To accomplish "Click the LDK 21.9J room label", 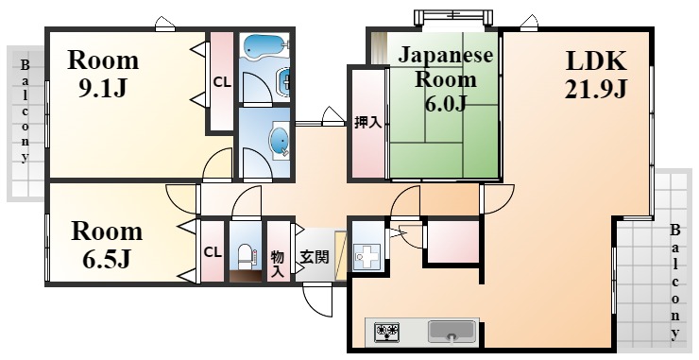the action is [x=596, y=75].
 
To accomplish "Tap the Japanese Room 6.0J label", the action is [x=445, y=79].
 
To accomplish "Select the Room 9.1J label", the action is [x=103, y=74].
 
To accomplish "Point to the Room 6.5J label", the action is [x=107, y=245].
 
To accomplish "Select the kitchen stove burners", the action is [x=386, y=332].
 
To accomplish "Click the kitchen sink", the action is [x=452, y=332].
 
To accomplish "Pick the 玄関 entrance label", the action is [x=315, y=257].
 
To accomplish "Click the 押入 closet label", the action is [x=367, y=123].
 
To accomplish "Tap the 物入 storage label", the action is [x=278, y=264].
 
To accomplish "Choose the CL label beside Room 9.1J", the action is [x=222, y=82].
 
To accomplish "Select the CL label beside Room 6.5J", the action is [x=213, y=252].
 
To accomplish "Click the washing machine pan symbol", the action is [x=367, y=256].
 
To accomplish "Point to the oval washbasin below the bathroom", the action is [x=280, y=142].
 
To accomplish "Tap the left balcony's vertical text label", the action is [x=25, y=111].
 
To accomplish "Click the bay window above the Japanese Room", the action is [x=453, y=17].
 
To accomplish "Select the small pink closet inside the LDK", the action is [x=452, y=242].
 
